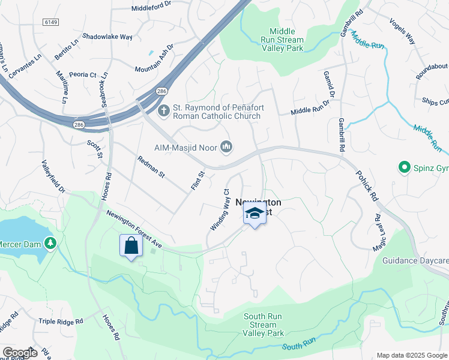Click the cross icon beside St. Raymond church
[x=163, y=111]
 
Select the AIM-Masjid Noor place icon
[x=226, y=147]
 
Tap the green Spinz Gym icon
[x=406, y=167]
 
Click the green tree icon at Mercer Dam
[x=52, y=242]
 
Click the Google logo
[x=19, y=353]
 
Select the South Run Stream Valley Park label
[x=267, y=325]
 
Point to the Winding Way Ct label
[x=220, y=210]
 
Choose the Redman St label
[x=151, y=167]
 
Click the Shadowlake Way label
[x=107, y=37]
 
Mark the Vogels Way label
[x=402, y=30]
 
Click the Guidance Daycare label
[x=416, y=261]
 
